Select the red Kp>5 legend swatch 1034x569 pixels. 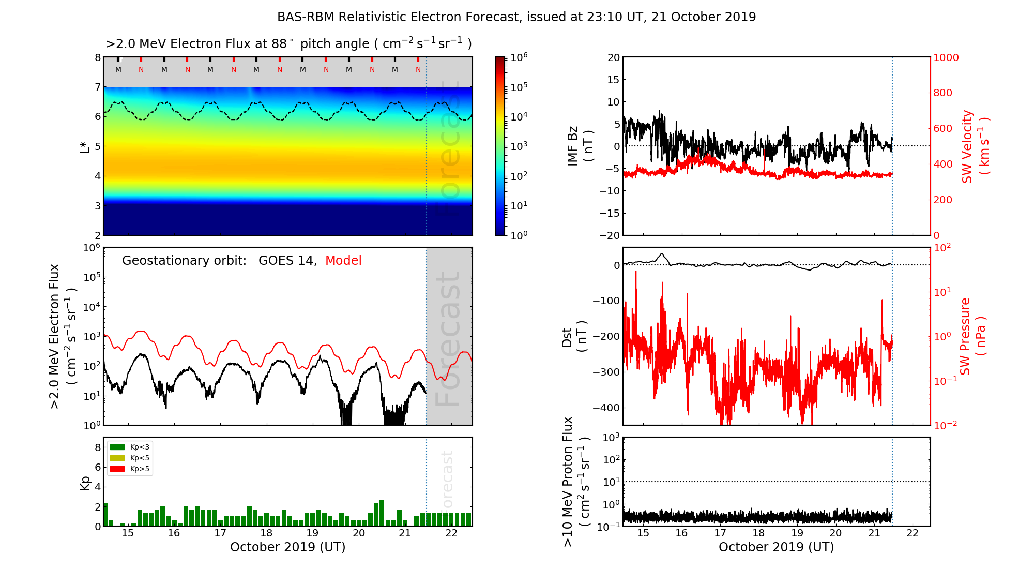point(117,469)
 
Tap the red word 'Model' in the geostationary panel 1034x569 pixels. point(343,261)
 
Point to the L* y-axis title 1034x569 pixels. point(85,146)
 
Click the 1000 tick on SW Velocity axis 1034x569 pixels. point(946,57)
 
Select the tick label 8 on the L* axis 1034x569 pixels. point(97,57)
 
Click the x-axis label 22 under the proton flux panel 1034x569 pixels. point(913,533)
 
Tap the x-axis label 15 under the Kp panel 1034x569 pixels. point(128,533)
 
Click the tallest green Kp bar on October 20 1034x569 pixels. point(382,513)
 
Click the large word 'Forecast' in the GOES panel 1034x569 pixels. point(448,339)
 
